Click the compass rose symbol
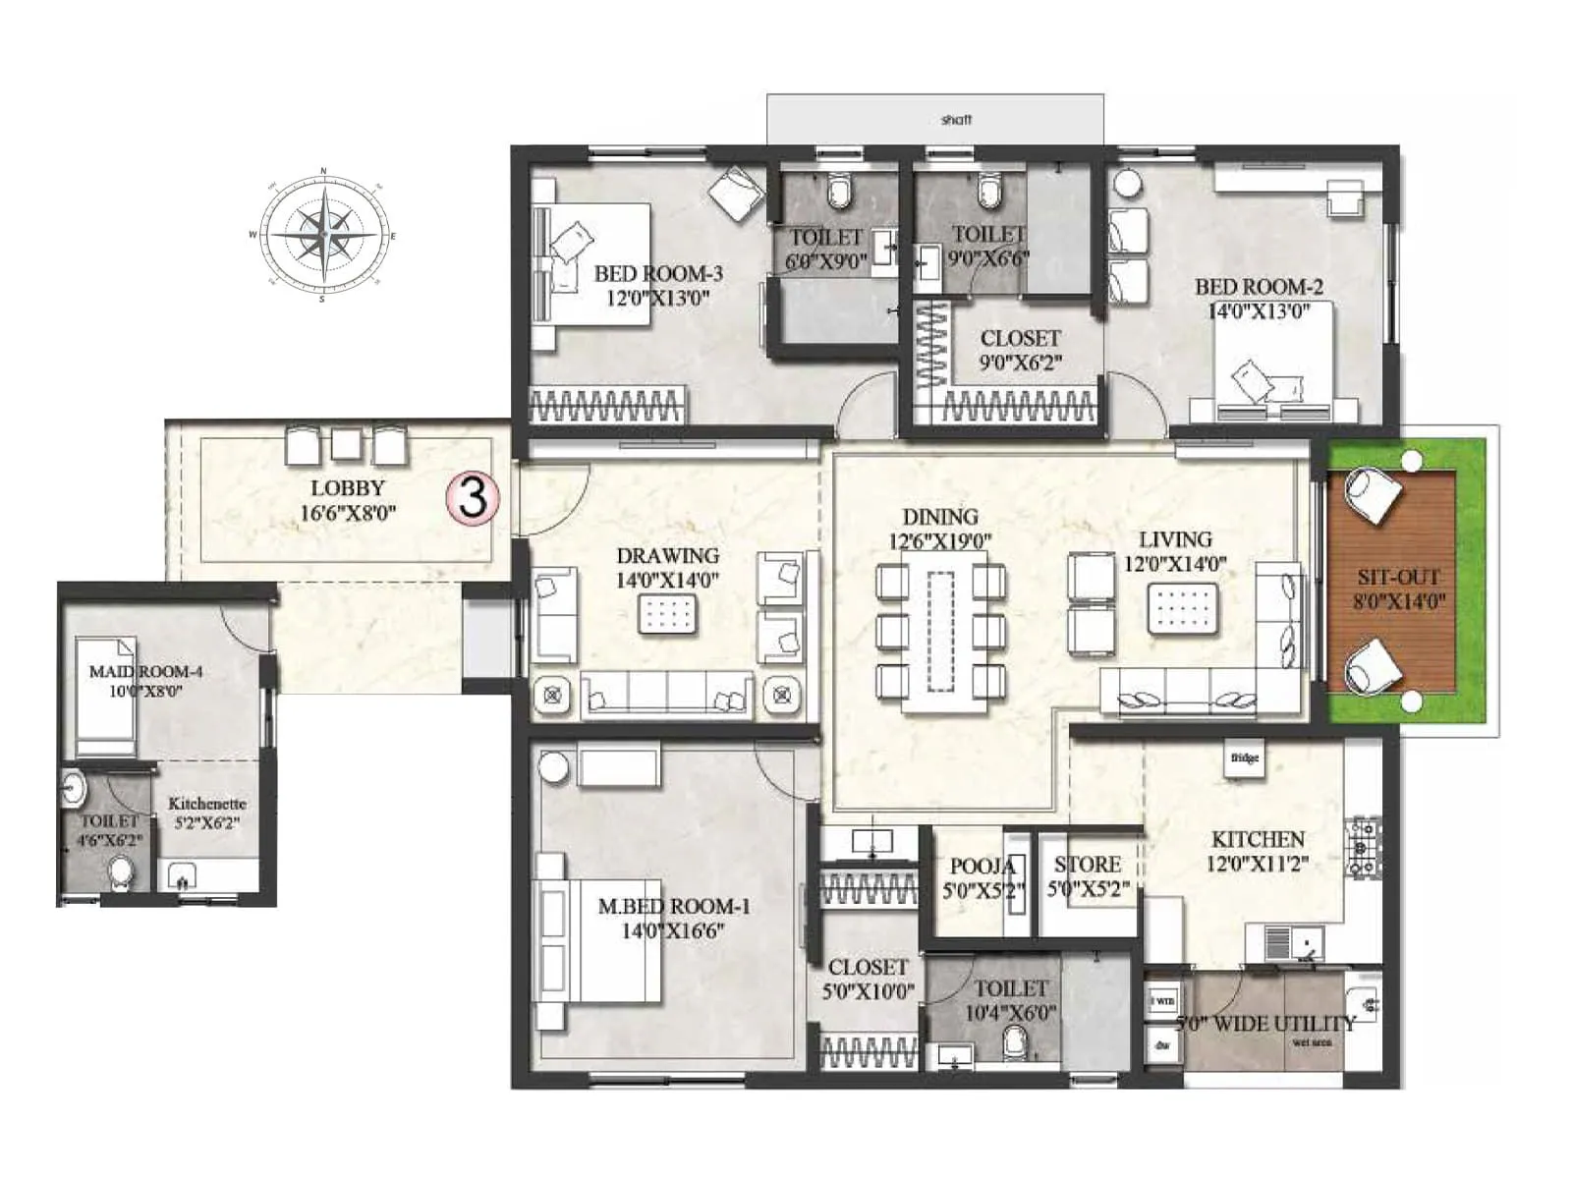pos(323,236)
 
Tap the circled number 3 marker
pos(474,497)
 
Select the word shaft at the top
pos(955,120)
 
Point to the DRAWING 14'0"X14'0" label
pos(667,568)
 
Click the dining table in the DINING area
pos(940,630)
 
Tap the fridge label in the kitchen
pos(1244,758)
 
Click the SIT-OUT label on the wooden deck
pos(1398,589)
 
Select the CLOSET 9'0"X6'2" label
pos(1020,350)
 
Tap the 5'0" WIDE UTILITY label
pos(1265,1024)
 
